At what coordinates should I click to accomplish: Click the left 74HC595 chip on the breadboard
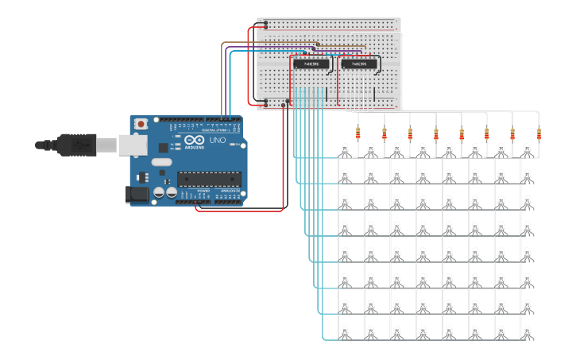311,64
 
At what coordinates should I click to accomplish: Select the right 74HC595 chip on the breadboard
358,64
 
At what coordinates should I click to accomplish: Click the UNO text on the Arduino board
217,140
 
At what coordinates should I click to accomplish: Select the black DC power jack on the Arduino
137,194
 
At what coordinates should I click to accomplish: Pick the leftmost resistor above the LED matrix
358,134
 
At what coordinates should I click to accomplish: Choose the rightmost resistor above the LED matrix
539,134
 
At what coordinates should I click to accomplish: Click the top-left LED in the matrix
345,149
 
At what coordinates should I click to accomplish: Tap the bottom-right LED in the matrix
527,331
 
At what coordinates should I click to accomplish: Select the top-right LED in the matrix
527,149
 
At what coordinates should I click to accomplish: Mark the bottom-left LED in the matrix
345,331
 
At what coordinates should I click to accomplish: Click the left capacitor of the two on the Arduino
159,192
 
